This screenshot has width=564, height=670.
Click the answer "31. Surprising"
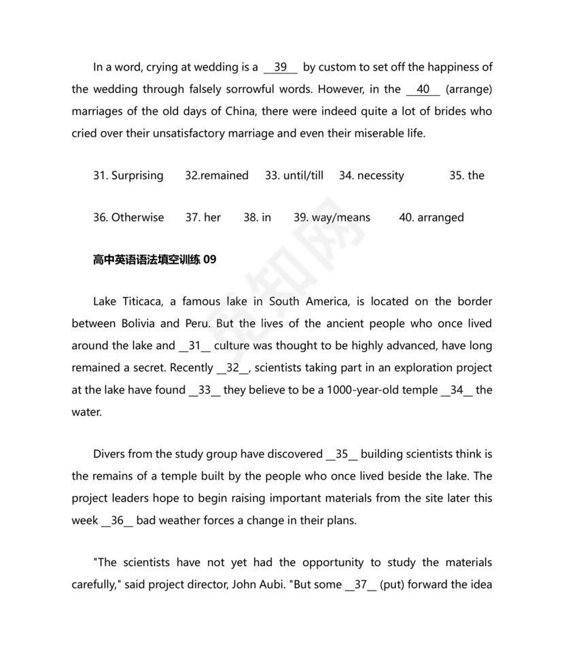tap(128, 175)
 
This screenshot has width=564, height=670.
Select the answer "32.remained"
tap(217, 175)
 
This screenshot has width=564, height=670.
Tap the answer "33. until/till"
tap(294, 175)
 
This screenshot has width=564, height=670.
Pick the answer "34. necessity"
tap(371, 175)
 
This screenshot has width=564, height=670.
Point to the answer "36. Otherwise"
tap(128, 217)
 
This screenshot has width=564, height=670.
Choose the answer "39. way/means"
tap(332, 217)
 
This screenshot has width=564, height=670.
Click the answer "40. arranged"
tap(431, 217)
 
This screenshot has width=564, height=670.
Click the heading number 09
tap(210, 259)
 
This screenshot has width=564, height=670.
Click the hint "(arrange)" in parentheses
tap(469, 89)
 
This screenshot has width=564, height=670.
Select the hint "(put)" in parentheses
tap(394, 584)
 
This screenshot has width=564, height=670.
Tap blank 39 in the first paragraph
tap(281, 67)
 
